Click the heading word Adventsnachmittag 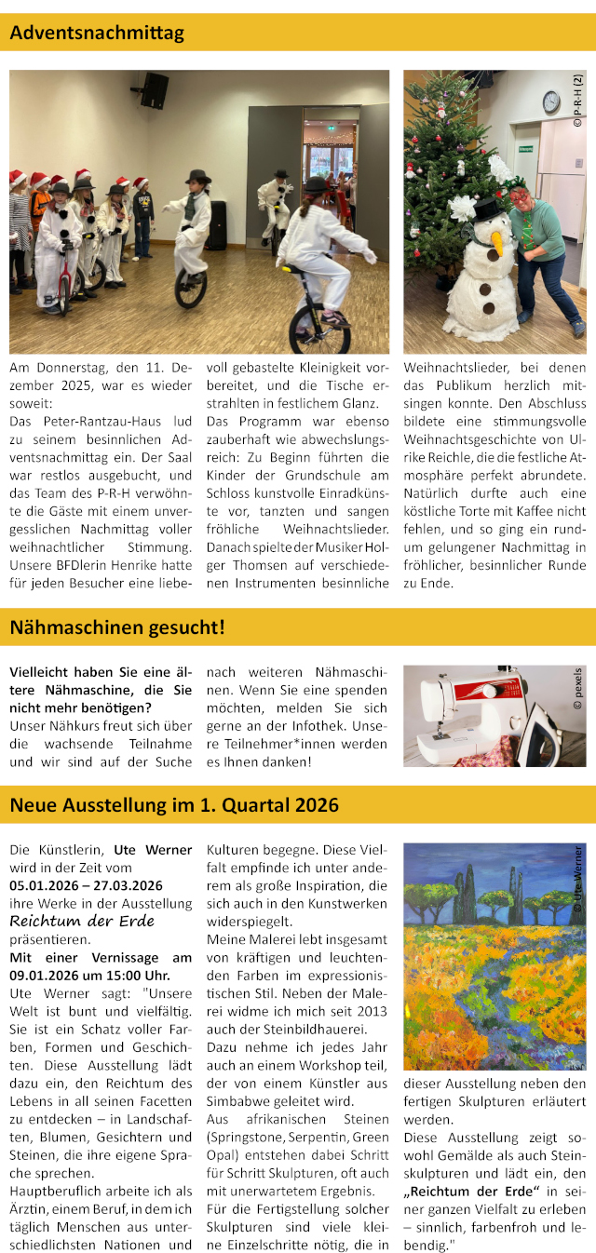97,34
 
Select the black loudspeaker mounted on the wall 155,90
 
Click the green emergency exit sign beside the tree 525,148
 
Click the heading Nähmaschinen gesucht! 117,627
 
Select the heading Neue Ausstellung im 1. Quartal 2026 174,805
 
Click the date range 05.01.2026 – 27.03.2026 86,885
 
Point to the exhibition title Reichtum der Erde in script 82,921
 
